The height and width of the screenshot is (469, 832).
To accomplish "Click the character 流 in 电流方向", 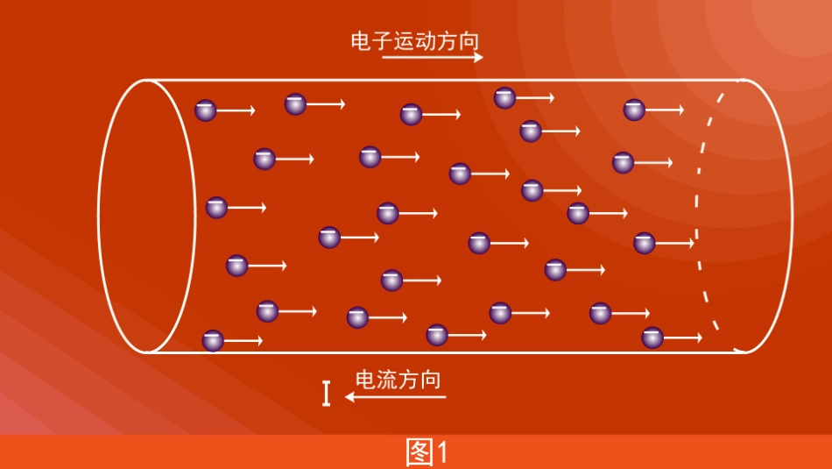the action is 387,380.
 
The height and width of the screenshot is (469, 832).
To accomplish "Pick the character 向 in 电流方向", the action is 430,380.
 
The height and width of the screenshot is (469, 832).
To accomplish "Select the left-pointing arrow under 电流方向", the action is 395,397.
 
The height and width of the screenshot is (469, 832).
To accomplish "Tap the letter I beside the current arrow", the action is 327,394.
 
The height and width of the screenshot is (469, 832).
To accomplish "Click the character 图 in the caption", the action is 420,452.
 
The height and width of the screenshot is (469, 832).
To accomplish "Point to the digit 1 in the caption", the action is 442,452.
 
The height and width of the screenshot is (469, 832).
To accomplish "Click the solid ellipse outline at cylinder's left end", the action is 99,215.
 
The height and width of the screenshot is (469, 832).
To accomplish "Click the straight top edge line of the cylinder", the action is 438,81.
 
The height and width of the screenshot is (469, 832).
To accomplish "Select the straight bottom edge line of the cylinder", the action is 438,352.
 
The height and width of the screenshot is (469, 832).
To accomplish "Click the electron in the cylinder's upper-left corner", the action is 205,110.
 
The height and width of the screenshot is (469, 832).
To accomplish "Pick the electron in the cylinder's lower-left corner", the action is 213,341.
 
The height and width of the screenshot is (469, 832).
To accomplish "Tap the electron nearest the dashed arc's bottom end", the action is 652,338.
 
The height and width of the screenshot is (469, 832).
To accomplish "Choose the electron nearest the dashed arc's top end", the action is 634,110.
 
